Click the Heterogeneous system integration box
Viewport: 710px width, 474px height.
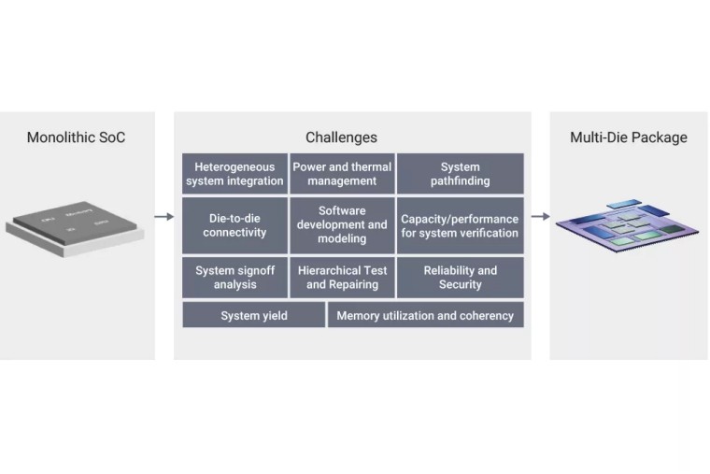pos(234,174)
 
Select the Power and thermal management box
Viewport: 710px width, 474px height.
pos(342,174)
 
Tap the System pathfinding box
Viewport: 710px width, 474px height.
pos(460,174)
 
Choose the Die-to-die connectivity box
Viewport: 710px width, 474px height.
pos(234,224)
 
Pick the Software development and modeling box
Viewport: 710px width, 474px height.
pos(342,224)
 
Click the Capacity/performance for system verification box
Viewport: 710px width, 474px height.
pos(460,225)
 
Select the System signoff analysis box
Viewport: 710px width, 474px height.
pos(234,278)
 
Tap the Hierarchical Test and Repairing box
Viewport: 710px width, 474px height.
pos(342,278)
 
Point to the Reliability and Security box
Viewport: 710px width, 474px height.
pos(460,278)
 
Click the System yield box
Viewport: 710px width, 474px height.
pos(253,315)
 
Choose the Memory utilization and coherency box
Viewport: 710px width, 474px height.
pos(425,315)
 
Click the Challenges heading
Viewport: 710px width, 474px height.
pos(341,137)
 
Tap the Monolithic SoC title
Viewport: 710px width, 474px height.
pos(76,137)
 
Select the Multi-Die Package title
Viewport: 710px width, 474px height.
pos(628,137)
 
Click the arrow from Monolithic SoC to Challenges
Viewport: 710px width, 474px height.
pos(164,217)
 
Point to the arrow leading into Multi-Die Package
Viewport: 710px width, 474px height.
pos(540,217)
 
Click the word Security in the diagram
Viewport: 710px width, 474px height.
pos(460,284)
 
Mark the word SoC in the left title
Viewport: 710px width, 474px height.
pos(111,137)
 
